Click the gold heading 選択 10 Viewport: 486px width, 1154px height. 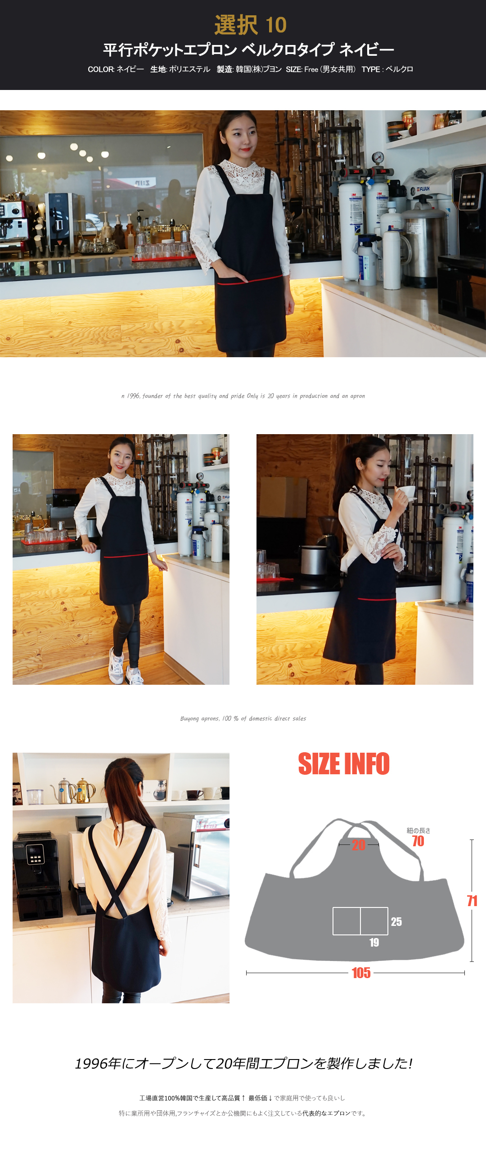250,25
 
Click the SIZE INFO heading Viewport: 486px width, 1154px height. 344,764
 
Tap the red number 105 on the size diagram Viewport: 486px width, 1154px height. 361,973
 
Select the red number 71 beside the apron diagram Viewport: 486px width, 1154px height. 472,901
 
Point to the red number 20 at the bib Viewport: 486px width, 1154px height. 359,845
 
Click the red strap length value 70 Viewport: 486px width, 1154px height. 418,841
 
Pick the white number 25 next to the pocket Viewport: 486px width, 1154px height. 396,922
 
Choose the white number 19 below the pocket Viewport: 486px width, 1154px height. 374,943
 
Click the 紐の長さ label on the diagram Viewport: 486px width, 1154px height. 418,831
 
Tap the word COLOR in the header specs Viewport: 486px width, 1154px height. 101,69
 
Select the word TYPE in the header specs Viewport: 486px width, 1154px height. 371,69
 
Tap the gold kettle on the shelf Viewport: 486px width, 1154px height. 85,790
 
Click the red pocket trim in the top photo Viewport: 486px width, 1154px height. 250,280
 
